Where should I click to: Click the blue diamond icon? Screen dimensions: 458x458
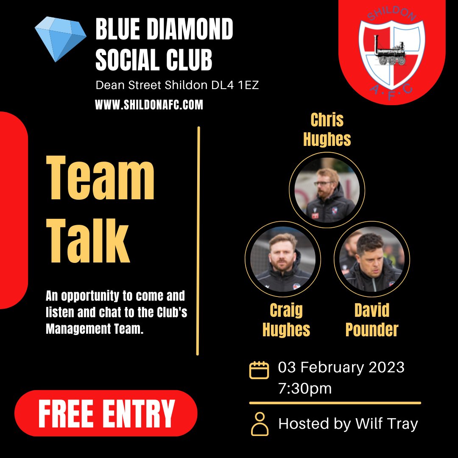(x=61, y=39)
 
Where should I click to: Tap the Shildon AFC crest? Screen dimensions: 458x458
(x=391, y=51)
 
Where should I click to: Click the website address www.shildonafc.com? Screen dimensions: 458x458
(x=149, y=105)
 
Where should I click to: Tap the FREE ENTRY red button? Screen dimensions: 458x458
(x=106, y=413)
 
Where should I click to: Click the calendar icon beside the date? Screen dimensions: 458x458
(x=259, y=370)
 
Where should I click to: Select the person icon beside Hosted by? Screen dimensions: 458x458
(x=260, y=424)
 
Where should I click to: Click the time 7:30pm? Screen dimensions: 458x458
(x=305, y=388)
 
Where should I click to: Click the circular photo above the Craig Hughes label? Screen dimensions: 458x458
(x=283, y=259)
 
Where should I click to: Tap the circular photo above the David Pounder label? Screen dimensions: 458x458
(x=372, y=259)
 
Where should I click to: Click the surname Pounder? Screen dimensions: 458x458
(x=372, y=330)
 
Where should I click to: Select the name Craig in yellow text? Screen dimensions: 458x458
(x=286, y=311)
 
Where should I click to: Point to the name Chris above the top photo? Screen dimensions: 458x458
(x=327, y=120)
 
